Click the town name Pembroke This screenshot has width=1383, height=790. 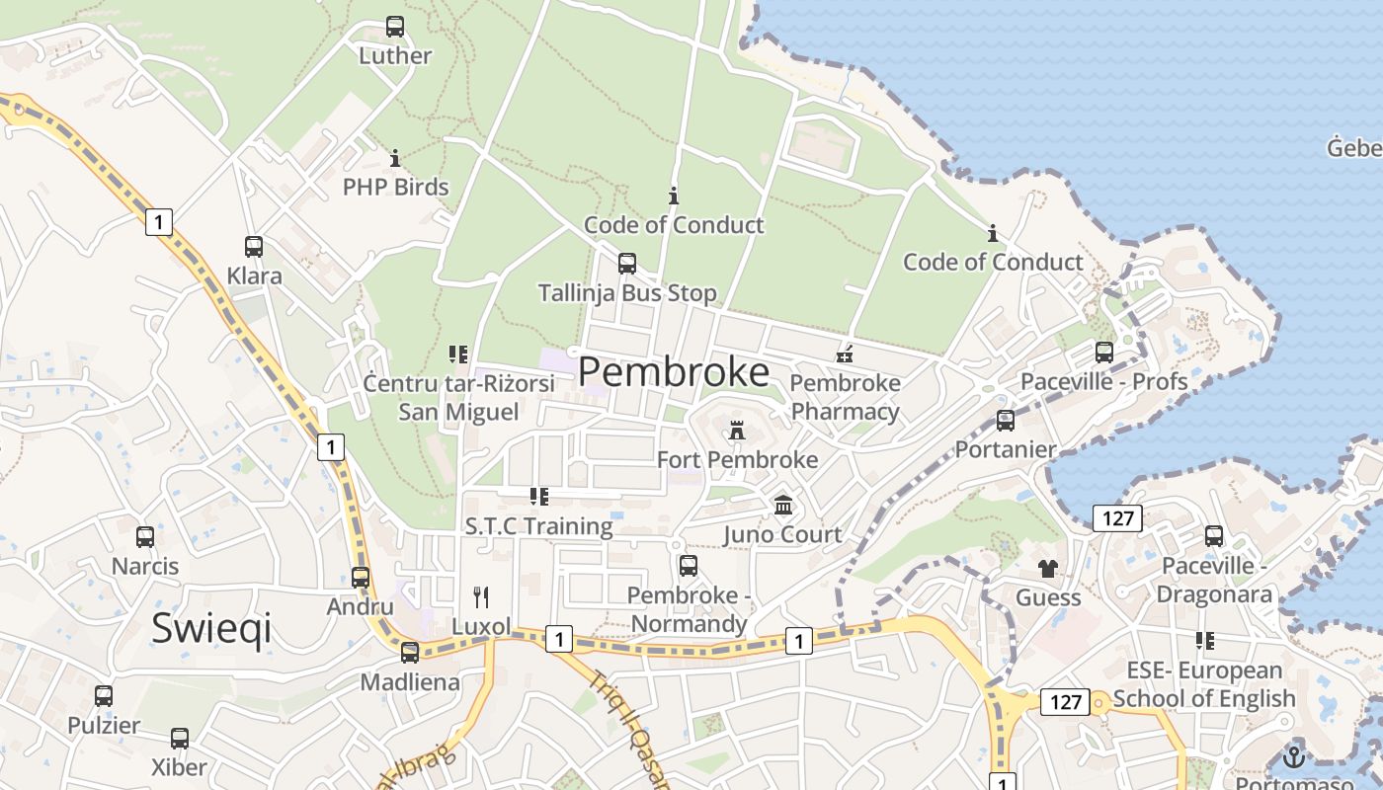click(674, 372)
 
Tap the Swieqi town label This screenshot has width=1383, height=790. click(211, 628)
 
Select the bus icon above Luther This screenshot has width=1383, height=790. click(395, 27)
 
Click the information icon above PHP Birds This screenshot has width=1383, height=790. click(395, 158)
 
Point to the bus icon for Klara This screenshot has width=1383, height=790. click(254, 247)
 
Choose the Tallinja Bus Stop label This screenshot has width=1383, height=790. click(627, 293)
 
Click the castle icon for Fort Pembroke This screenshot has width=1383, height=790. click(736, 431)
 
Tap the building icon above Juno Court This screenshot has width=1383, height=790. click(783, 506)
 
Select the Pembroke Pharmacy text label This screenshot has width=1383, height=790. click(846, 397)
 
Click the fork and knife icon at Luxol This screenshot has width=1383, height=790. click(481, 596)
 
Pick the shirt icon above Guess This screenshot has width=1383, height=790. click(1048, 569)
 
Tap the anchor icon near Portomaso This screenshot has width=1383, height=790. click(1293, 757)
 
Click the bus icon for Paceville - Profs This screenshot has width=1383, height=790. click(1104, 353)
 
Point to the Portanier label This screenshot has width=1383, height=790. click(1006, 449)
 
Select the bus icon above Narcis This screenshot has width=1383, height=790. click(145, 537)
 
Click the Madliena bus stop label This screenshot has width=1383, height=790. click(410, 682)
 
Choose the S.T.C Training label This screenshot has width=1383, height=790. click(539, 526)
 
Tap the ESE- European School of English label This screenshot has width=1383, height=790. click(1204, 684)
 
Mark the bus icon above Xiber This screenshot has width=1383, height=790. click(180, 739)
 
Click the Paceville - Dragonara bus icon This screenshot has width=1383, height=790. click(1214, 536)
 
